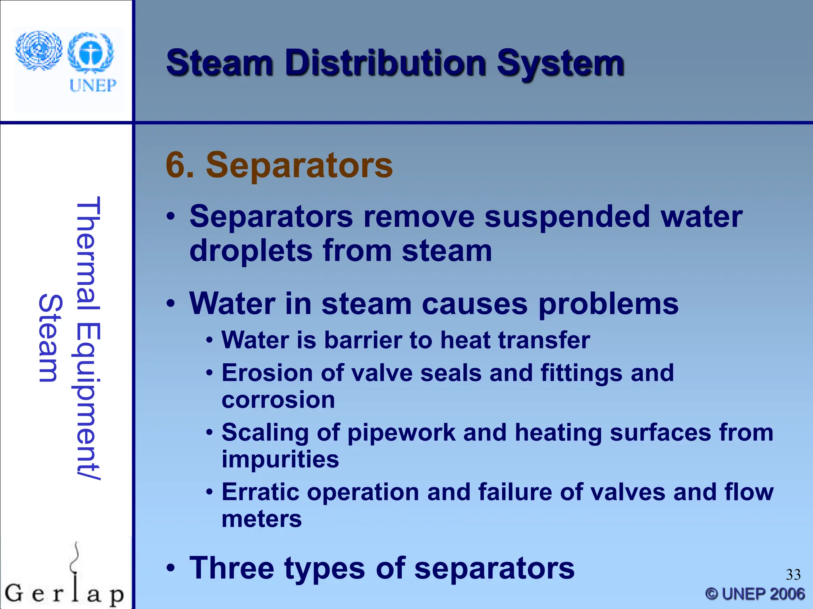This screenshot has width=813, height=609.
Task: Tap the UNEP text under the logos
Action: [93, 85]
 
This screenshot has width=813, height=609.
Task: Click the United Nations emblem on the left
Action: [39, 51]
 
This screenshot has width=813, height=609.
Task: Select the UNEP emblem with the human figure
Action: [91, 53]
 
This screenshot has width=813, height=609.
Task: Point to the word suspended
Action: [567, 217]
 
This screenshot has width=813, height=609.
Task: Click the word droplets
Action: [251, 251]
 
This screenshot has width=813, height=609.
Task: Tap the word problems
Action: [608, 304]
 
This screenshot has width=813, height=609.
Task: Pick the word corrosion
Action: [278, 400]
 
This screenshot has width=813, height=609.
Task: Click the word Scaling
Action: [265, 433]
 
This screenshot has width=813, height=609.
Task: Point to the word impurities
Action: [280, 459]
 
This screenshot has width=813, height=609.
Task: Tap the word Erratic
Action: [260, 492]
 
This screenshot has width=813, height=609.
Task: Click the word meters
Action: [262, 519]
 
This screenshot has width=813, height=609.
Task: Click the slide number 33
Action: [793, 575]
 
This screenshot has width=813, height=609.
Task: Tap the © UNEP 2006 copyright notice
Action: [755, 594]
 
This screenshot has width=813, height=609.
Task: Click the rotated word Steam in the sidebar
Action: [50, 338]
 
